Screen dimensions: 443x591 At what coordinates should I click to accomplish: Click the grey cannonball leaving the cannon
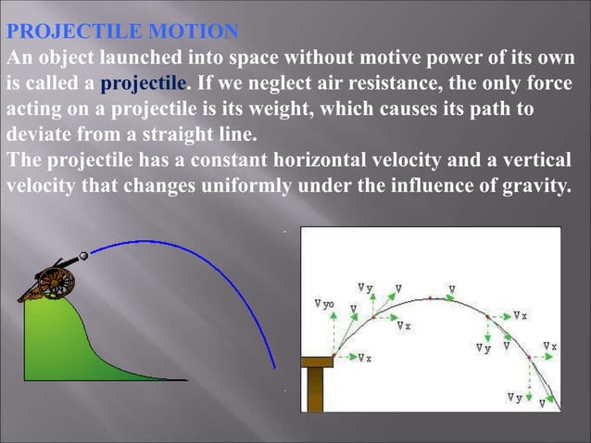84,255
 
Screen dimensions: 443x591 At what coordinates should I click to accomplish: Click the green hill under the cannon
56,343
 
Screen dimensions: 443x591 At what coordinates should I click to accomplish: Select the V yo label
324,304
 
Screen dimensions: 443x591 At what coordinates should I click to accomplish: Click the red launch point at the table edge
334,355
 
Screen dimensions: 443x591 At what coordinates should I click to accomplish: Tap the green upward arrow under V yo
334,334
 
